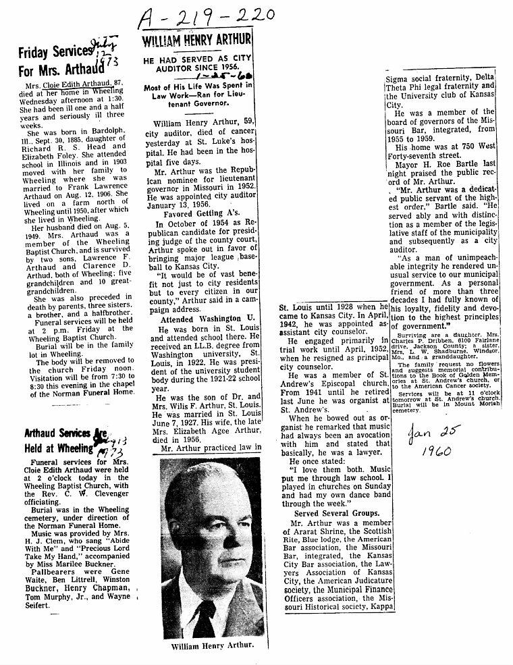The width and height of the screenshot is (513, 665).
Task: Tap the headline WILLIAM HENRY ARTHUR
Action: coord(197,40)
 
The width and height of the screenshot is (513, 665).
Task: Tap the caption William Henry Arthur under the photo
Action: coord(211,645)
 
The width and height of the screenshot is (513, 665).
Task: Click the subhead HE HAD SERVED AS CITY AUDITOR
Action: coord(197,65)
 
